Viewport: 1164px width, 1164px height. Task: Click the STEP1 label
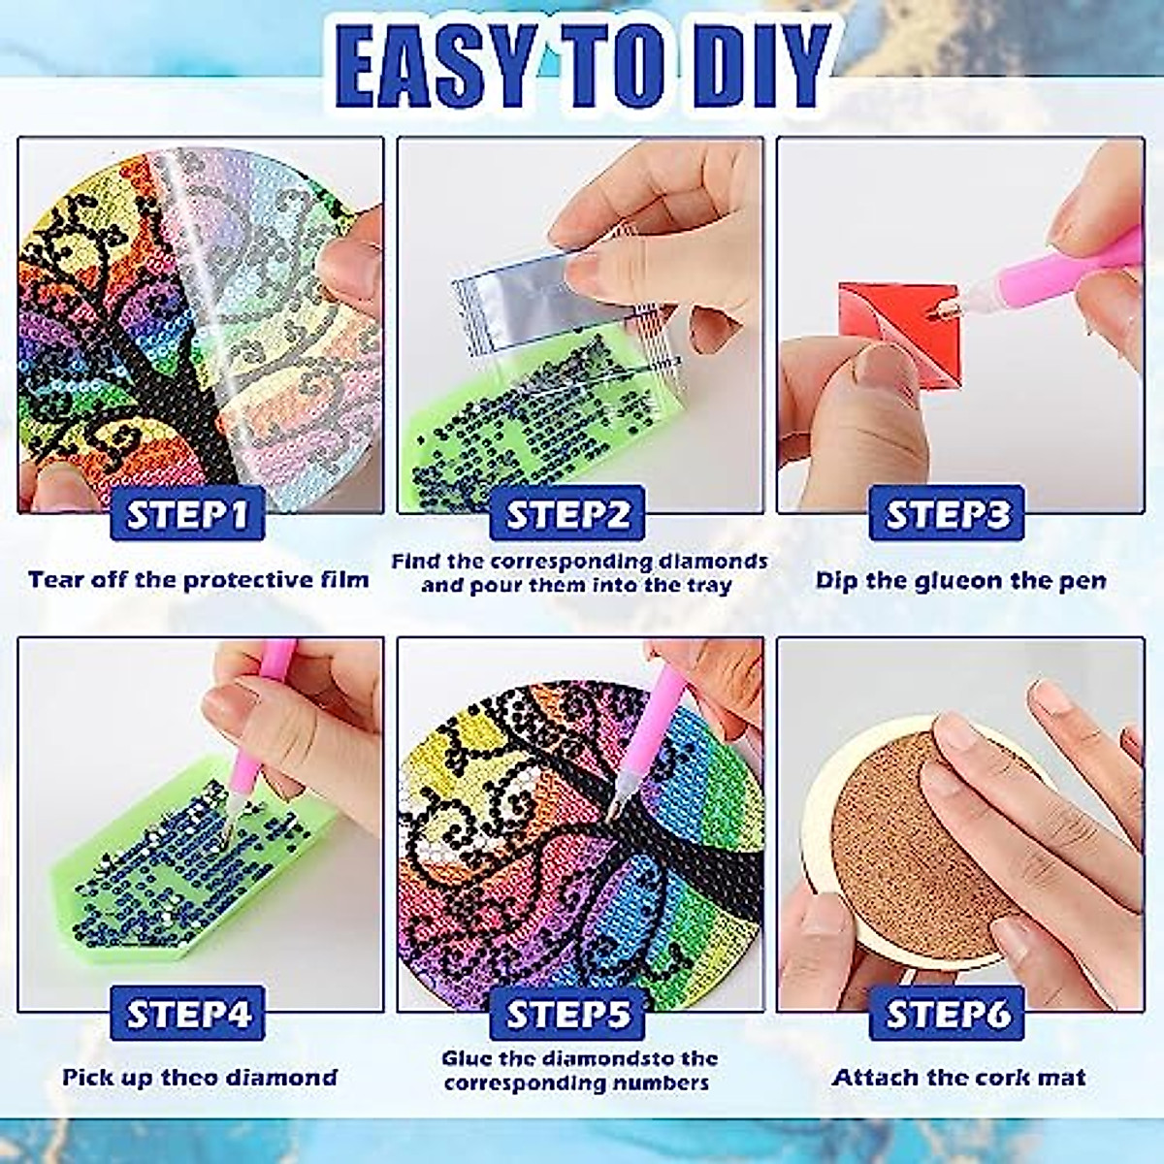(x=188, y=514)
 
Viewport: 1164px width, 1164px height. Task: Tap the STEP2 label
(x=567, y=514)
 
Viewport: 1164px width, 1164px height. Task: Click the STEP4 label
(x=188, y=1014)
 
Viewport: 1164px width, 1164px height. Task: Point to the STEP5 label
(x=567, y=1014)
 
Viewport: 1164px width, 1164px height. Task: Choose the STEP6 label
(x=948, y=1014)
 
